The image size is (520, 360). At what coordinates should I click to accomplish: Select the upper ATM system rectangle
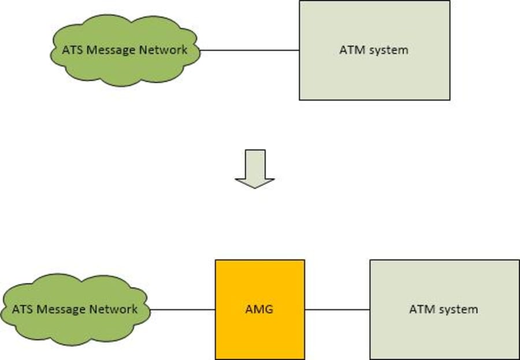374,75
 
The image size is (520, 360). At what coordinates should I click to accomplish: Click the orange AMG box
259,335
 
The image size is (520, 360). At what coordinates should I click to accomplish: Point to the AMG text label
259,309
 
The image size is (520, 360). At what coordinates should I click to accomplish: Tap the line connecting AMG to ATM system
337,309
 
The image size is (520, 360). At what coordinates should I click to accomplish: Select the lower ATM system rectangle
444,335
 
